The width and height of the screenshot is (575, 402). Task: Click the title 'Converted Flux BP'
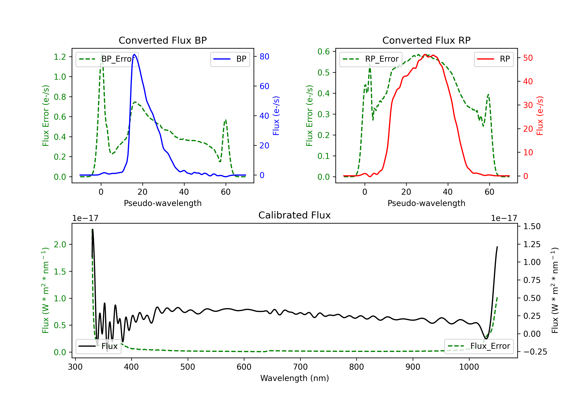pos(163,40)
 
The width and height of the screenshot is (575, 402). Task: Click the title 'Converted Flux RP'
pos(426,40)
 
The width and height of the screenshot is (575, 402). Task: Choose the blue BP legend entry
pos(230,59)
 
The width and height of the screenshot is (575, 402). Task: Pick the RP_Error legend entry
pos(371,59)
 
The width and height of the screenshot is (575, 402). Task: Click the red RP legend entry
pos(494,59)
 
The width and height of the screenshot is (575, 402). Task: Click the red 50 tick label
pos(528,58)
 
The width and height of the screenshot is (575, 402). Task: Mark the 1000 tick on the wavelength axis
pos(469,367)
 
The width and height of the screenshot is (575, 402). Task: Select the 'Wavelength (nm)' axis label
pos(295,378)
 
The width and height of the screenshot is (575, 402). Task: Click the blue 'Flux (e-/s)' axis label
pos(276,116)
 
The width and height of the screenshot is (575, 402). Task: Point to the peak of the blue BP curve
pos(135,54)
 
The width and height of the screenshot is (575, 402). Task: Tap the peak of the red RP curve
pos(425,55)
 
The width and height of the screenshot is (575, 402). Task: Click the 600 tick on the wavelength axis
pos(244,367)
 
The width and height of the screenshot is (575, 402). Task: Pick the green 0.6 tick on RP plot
pos(324,51)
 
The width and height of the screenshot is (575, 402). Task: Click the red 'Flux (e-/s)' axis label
pos(540,116)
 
